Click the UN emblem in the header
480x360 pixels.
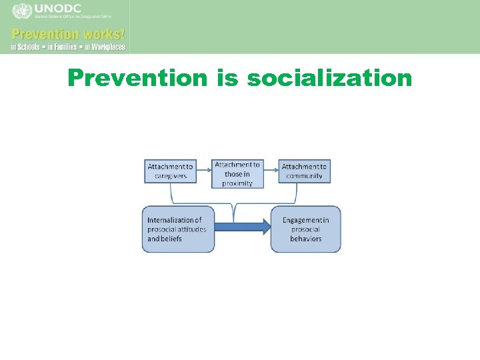pos(22,12)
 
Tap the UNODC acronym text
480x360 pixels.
pos(58,9)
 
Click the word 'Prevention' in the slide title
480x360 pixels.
pos(138,79)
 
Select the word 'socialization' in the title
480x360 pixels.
pos(329,79)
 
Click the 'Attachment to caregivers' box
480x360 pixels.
pos(171,171)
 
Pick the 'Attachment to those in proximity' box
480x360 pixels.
pos(237,173)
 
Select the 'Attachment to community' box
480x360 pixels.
pos(305,171)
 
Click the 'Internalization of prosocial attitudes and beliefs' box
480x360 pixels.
pos(178,229)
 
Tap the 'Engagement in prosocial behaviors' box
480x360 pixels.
pos(305,229)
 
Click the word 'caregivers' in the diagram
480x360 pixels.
pos(171,177)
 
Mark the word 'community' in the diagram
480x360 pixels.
pos(305,177)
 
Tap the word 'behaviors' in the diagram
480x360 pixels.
pos(306,239)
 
